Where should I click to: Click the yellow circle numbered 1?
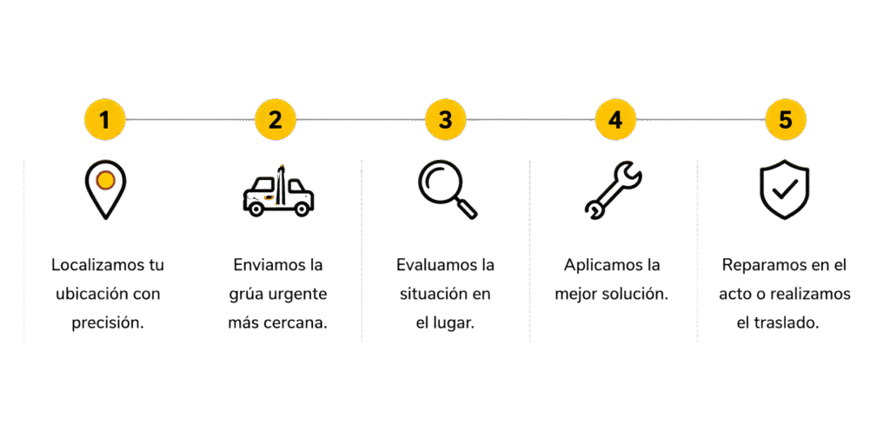tap(104, 120)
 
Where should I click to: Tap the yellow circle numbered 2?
tap(276, 120)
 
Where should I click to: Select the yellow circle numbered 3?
tap(446, 120)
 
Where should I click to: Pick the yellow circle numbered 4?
tap(616, 120)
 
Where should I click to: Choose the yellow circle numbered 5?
tap(786, 120)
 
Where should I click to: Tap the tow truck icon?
tap(278, 190)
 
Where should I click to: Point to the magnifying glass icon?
tap(448, 189)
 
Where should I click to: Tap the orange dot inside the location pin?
tap(105, 181)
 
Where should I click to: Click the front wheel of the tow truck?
tap(256, 209)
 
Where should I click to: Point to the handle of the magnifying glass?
tap(467, 209)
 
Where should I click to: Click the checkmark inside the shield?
tap(785, 189)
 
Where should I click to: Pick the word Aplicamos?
tap(598, 265)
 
